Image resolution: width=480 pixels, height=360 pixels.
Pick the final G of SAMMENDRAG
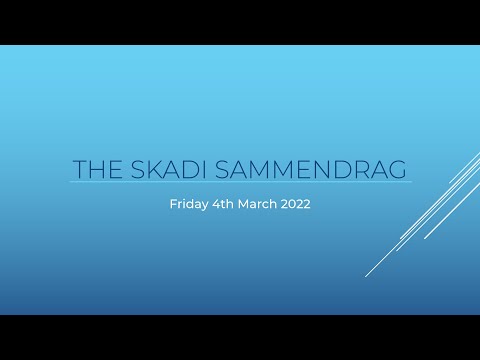pyautogui.click(x=400, y=168)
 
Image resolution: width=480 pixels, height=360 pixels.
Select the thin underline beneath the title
pyautogui.click(x=240, y=183)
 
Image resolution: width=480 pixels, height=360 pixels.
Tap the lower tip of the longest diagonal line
pyautogui.click(x=366, y=275)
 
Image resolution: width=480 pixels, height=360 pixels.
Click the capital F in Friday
pyautogui.click(x=172, y=205)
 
